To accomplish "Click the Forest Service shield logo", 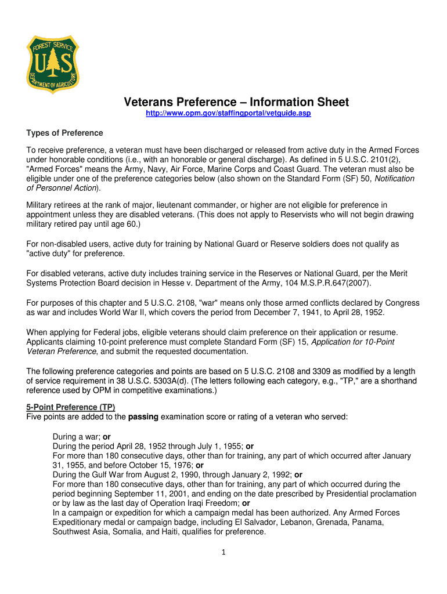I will pyautogui.click(x=53, y=63).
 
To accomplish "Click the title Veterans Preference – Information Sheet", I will pyautogui.click(x=236, y=102).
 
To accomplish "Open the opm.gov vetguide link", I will pyautogui.click(x=228, y=113).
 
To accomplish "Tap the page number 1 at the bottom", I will pyautogui.click(x=223, y=552).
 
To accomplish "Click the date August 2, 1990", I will pyautogui.click(x=164, y=475).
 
